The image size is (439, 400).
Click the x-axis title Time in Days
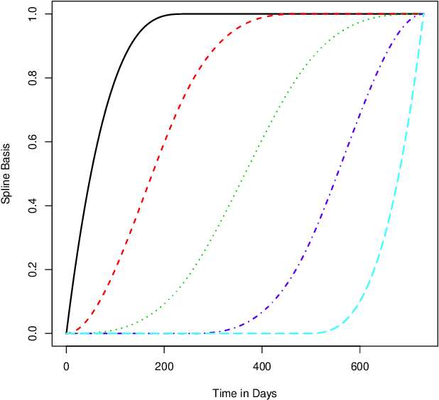(x=244, y=393)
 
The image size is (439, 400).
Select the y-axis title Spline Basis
(x=6, y=174)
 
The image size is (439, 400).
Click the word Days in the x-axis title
(x=264, y=393)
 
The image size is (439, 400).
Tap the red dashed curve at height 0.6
(x=163, y=142)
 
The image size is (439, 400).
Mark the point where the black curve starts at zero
(x=67, y=333)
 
